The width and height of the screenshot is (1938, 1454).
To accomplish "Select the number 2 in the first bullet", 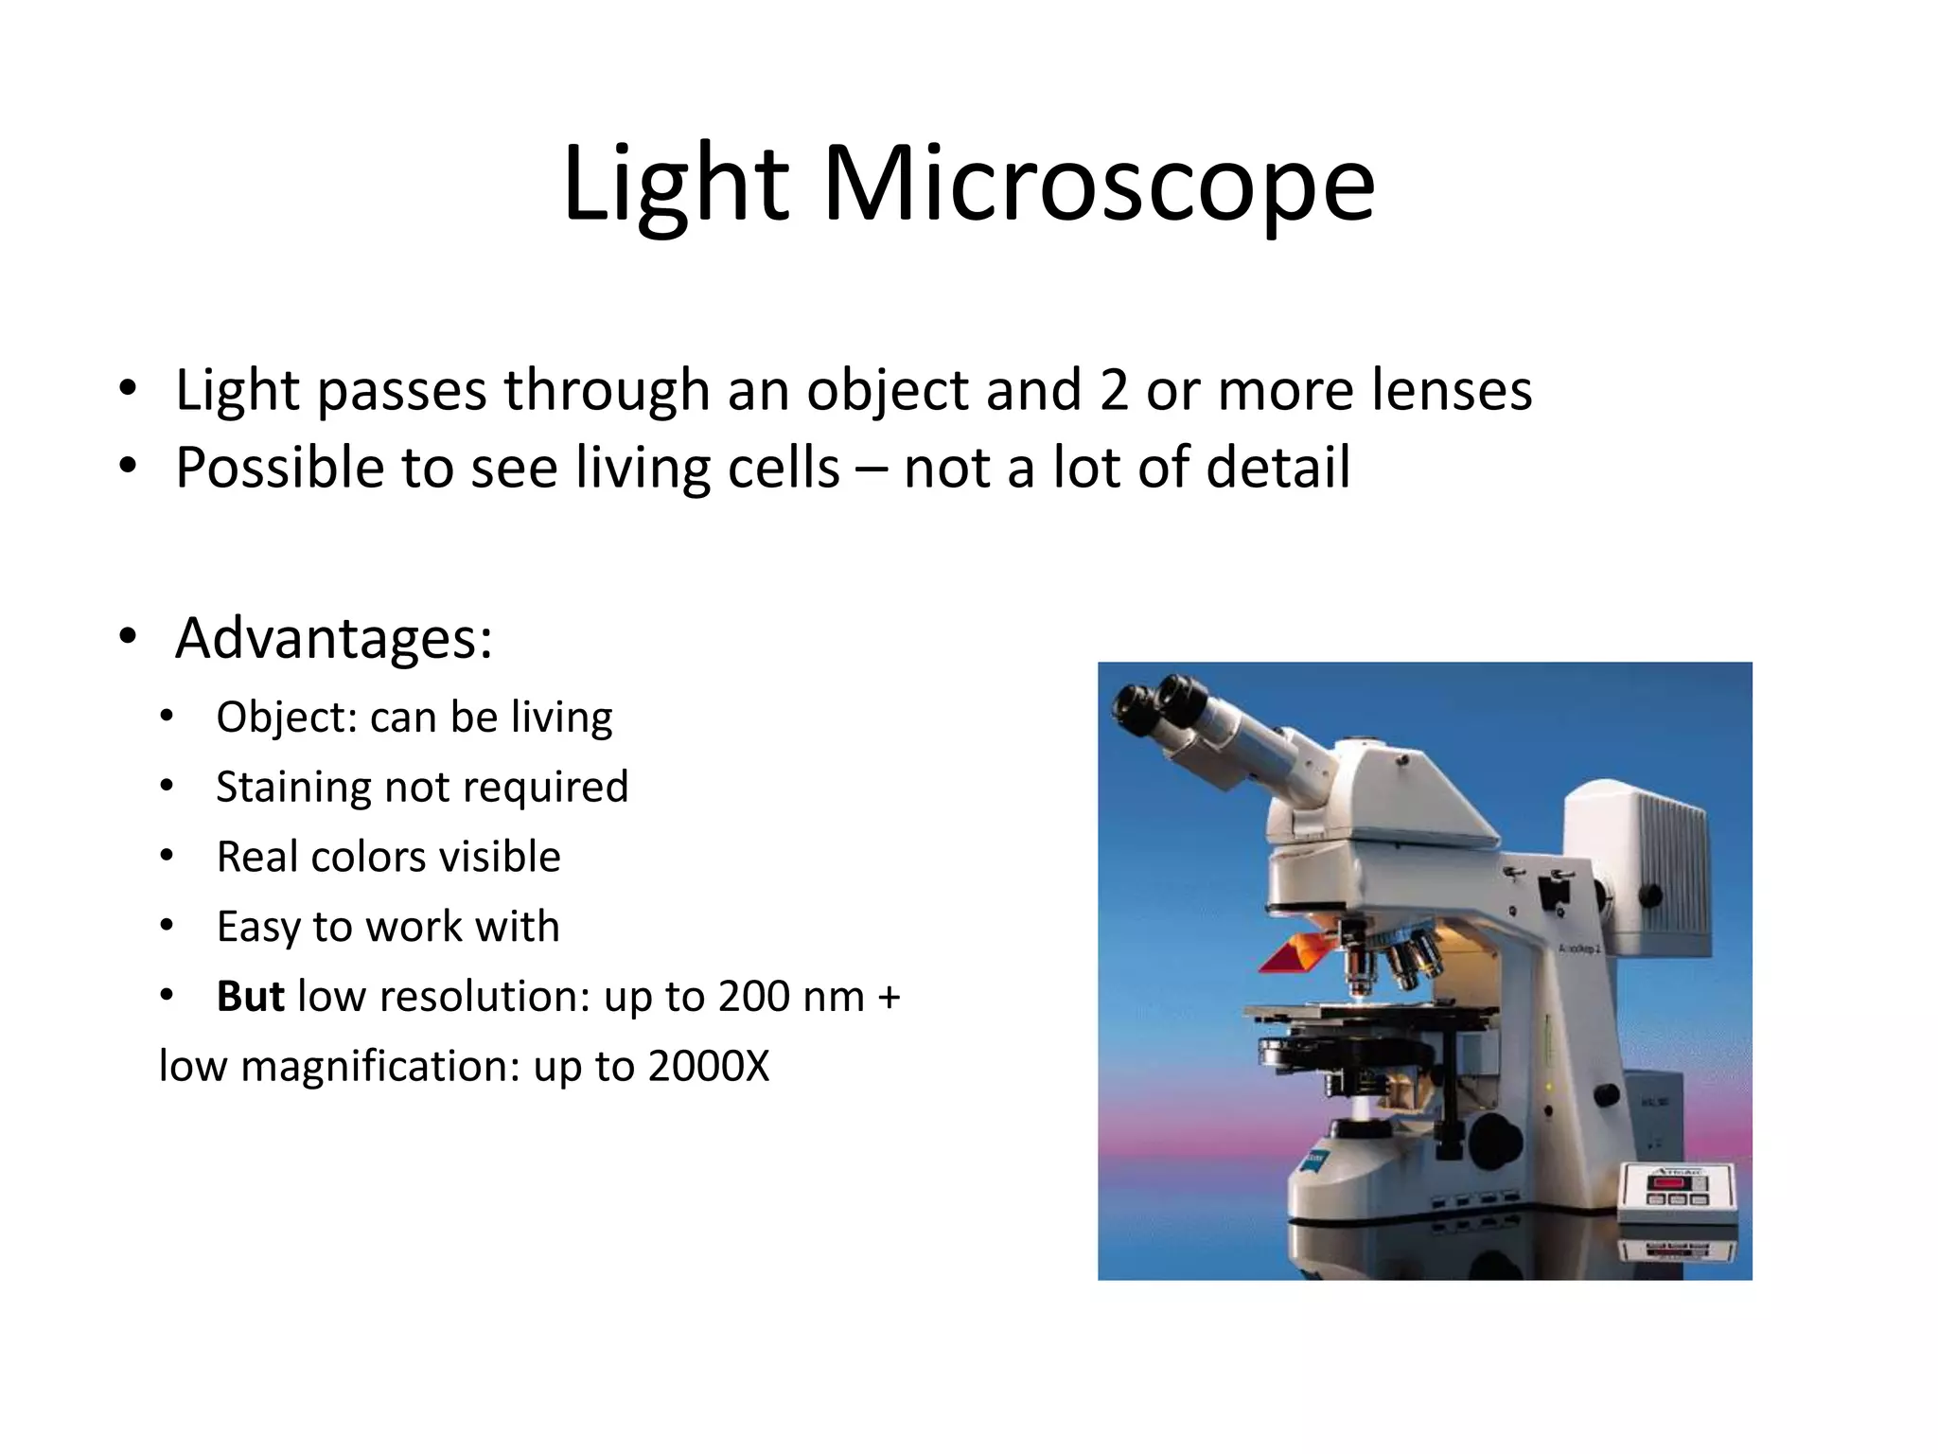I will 1114,390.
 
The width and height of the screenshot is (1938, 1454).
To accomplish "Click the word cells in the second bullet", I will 783,468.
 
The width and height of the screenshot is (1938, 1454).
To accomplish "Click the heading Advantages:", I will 333,638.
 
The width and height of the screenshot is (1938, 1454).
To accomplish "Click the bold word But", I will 250,996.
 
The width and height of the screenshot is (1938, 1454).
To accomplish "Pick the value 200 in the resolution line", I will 751,996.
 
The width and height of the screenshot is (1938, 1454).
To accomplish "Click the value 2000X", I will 709,1066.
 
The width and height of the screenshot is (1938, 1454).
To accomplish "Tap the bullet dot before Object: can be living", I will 167,717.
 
